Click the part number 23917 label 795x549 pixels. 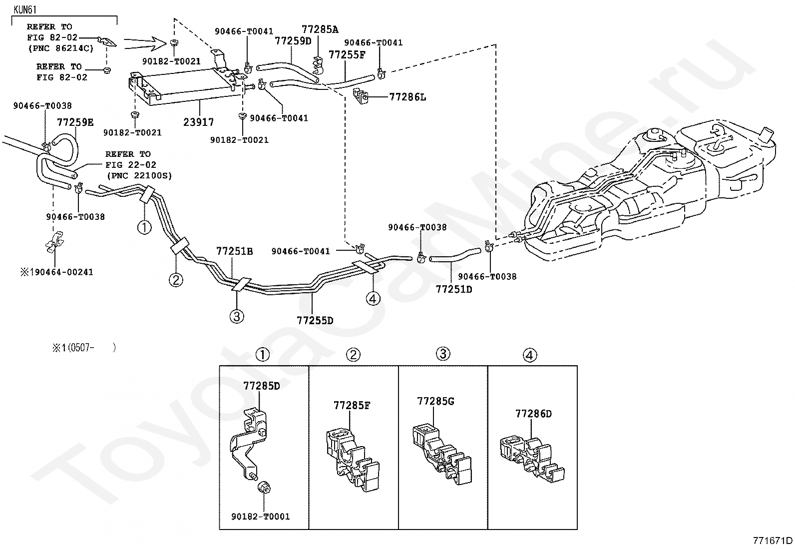pyautogui.click(x=198, y=122)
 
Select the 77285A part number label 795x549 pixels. pyautogui.click(x=320, y=29)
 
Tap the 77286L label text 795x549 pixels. pyautogui.click(x=407, y=97)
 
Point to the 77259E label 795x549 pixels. pyautogui.click(x=75, y=122)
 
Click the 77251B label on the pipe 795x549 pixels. pyautogui.click(x=235, y=251)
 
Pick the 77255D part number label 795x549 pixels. pyautogui.click(x=315, y=321)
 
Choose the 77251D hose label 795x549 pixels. pyautogui.click(x=454, y=289)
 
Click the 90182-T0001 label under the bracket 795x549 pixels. pyautogui.click(x=261, y=517)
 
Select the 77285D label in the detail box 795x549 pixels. pyautogui.click(x=262, y=386)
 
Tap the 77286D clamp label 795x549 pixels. pyautogui.click(x=533, y=414)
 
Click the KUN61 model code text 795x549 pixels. pyautogui.click(x=25, y=9)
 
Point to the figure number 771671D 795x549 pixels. pyautogui.click(x=773, y=541)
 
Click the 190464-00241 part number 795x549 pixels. pyautogui.click(x=61, y=272)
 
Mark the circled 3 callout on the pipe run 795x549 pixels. pyautogui.click(x=237, y=316)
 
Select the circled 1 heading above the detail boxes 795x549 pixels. pyautogui.click(x=262, y=355)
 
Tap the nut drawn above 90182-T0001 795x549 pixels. pyautogui.click(x=264, y=487)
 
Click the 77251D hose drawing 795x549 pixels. pyautogui.click(x=455, y=256)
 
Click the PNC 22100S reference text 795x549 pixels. pyautogui.click(x=139, y=176)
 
